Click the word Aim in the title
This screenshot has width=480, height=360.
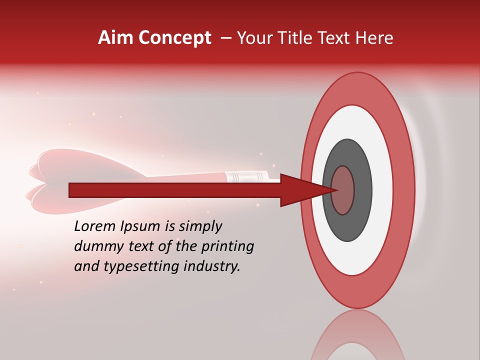[115, 38]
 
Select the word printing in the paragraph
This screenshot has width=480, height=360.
[227, 246]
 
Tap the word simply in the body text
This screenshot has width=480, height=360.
[200, 226]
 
